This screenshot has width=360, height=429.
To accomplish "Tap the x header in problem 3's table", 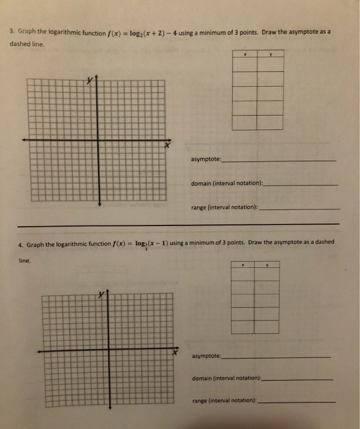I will click(245, 53).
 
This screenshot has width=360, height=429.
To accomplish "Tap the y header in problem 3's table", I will click(270, 53).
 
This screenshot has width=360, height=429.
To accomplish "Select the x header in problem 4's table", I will click(243, 265).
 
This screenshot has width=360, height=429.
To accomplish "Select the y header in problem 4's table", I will click(267, 265).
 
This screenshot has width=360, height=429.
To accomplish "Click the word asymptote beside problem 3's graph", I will click(205, 159).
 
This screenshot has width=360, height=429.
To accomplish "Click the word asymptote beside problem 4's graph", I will click(206, 356).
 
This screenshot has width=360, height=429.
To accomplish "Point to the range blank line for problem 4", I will click(297, 402).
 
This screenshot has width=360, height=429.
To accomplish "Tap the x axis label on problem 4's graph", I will click(175, 355).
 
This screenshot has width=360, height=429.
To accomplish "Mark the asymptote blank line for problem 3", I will click(280, 161).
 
